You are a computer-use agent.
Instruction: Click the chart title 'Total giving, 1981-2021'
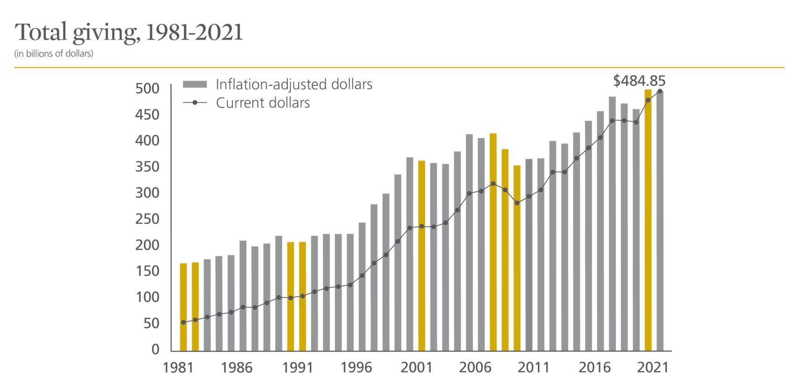tap(129, 33)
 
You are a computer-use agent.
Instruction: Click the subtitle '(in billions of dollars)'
tap(54, 54)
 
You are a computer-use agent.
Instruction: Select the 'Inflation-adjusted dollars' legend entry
tap(293, 84)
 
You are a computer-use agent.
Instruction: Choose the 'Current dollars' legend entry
tap(263, 103)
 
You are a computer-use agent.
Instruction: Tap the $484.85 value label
tap(639, 81)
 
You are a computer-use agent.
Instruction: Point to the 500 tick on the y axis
tap(147, 89)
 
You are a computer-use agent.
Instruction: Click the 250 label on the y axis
tap(147, 219)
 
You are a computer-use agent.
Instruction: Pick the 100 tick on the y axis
tap(147, 297)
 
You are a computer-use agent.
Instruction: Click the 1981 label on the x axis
tap(178, 368)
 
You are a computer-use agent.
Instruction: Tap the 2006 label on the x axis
tap(475, 368)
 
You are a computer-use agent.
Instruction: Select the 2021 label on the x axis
tap(653, 368)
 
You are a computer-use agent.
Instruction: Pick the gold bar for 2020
tap(648, 219)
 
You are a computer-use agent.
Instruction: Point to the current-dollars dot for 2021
tap(660, 91)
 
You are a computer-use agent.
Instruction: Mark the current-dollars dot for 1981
tap(183, 322)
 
